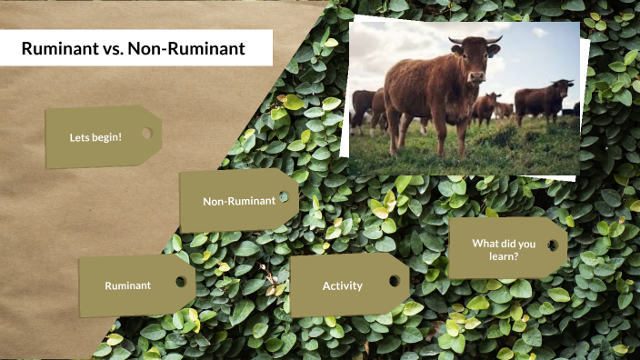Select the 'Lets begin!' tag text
[95, 137]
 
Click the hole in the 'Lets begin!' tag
[146, 134]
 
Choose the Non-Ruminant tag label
[238, 201]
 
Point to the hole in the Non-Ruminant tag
[284, 196]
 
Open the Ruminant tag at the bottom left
[127, 285]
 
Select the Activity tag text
[342, 285]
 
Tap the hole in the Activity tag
[394, 281]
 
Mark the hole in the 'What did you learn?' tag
[553, 245]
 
